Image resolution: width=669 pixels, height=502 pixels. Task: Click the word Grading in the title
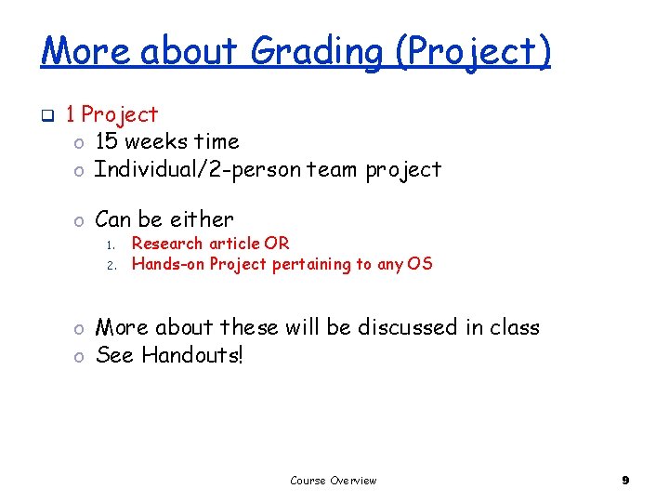click(x=316, y=52)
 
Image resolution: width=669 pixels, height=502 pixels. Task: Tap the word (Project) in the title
click(x=473, y=52)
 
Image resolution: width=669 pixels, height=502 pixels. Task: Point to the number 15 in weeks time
click(x=107, y=141)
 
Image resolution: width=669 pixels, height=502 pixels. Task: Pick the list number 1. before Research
click(x=109, y=244)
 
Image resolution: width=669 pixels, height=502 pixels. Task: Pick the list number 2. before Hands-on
click(x=109, y=265)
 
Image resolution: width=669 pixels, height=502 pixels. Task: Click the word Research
click(x=167, y=244)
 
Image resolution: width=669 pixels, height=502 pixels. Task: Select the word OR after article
click(x=277, y=244)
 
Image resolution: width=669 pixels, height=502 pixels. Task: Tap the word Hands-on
click(x=168, y=264)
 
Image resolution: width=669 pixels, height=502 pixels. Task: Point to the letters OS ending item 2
click(x=419, y=264)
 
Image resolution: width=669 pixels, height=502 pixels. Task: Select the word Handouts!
click(x=192, y=355)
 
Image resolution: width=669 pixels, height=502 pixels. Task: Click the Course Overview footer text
click(x=334, y=481)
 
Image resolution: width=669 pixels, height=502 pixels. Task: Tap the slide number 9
click(x=625, y=481)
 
